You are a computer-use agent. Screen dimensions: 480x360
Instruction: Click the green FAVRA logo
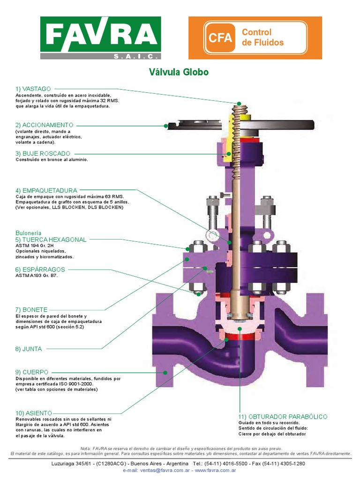(100, 37)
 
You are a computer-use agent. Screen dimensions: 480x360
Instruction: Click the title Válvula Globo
(179, 72)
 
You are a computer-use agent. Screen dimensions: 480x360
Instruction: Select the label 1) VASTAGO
(33, 89)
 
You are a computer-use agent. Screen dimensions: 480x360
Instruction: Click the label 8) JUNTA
(28, 349)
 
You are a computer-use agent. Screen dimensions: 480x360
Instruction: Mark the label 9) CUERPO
(31, 372)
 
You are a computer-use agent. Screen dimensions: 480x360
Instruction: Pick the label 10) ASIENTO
(33, 412)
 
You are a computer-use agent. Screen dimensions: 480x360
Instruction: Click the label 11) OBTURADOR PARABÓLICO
(283, 417)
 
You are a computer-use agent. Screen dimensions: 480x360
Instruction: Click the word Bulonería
(28, 233)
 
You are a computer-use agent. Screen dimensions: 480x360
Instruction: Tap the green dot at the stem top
(239, 104)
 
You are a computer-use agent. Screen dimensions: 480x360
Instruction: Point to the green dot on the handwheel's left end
(166, 126)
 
